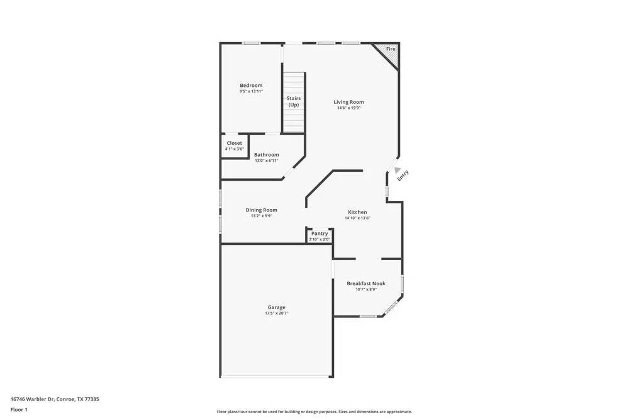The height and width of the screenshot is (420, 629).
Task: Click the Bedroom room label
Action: click(x=251, y=86)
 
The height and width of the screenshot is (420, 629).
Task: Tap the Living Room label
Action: click(x=348, y=102)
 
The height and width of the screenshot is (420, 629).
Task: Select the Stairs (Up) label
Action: click(x=294, y=101)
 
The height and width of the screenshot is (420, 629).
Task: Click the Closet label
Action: click(x=234, y=143)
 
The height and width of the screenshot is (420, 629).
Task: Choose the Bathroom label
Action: click(x=266, y=155)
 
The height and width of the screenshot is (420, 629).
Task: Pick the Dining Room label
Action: click(x=261, y=210)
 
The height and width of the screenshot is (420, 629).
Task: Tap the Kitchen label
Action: click(x=357, y=212)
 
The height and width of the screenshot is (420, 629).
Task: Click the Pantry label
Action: click(x=320, y=234)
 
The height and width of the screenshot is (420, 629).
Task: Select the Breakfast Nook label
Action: click(x=366, y=283)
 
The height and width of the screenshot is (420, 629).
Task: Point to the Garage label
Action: click(x=276, y=307)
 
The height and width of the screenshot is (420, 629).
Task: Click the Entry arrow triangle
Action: click(x=395, y=169)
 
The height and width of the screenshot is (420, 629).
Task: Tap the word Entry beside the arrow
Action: click(x=403, y=176)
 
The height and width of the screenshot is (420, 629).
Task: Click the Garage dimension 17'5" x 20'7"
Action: click(x=276, y=314)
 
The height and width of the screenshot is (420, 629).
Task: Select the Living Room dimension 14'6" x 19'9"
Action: click(x=348, y=108)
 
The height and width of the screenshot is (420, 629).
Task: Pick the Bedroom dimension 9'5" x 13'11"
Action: click(x=251, y=91)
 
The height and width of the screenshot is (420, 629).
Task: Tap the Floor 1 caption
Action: click(x=19, y=409)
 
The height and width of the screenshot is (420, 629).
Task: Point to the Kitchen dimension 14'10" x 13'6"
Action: click(x=357, y=219)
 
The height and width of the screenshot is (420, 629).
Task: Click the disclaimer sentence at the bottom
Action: click(x=314, y=412)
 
